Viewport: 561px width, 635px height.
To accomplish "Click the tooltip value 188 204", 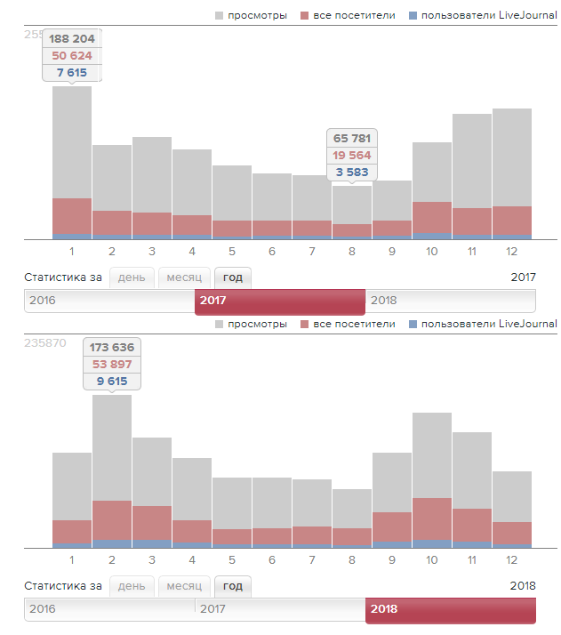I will click(71, 39).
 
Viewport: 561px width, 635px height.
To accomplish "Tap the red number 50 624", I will click(71, 56).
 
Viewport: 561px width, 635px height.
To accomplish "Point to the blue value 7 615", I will click(71, 73).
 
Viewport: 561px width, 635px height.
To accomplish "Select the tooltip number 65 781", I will click(352, 139).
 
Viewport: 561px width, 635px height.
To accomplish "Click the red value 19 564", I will click(352, 156).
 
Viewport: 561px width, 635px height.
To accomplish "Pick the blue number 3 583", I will click(352, 173).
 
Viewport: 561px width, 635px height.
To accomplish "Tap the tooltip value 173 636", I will click(112, 348).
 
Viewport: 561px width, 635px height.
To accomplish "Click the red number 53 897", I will click(112, 365).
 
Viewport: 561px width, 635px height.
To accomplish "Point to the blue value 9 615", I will click(112, 382).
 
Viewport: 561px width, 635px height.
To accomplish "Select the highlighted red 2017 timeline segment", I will click(279, 301).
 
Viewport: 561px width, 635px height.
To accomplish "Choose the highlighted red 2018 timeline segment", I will click(450, 609).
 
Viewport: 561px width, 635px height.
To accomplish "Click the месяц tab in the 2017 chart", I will click(184, 277).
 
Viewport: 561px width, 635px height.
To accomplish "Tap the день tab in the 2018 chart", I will click(132, 586).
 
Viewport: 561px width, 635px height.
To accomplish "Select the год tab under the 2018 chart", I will click(233, 586).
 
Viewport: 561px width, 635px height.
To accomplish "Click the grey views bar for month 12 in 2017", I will click(512, 157).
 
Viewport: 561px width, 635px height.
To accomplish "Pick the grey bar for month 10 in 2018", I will click(432, 454).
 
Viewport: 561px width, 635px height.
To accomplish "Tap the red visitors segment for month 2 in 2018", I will click(112, 520).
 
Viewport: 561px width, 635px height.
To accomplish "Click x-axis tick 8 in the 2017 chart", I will click(352, 252).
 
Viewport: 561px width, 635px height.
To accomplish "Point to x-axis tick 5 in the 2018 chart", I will click(231, 560).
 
